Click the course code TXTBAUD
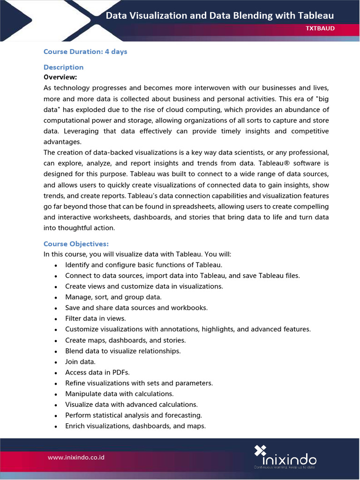320,29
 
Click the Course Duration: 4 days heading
85,52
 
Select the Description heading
63,67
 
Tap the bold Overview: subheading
60,77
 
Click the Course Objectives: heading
76,244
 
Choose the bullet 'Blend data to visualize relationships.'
123,351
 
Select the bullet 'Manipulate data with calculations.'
119,394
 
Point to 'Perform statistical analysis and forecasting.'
134,415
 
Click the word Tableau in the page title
316,15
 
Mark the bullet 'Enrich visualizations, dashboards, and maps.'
135,426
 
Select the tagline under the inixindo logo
285,467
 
